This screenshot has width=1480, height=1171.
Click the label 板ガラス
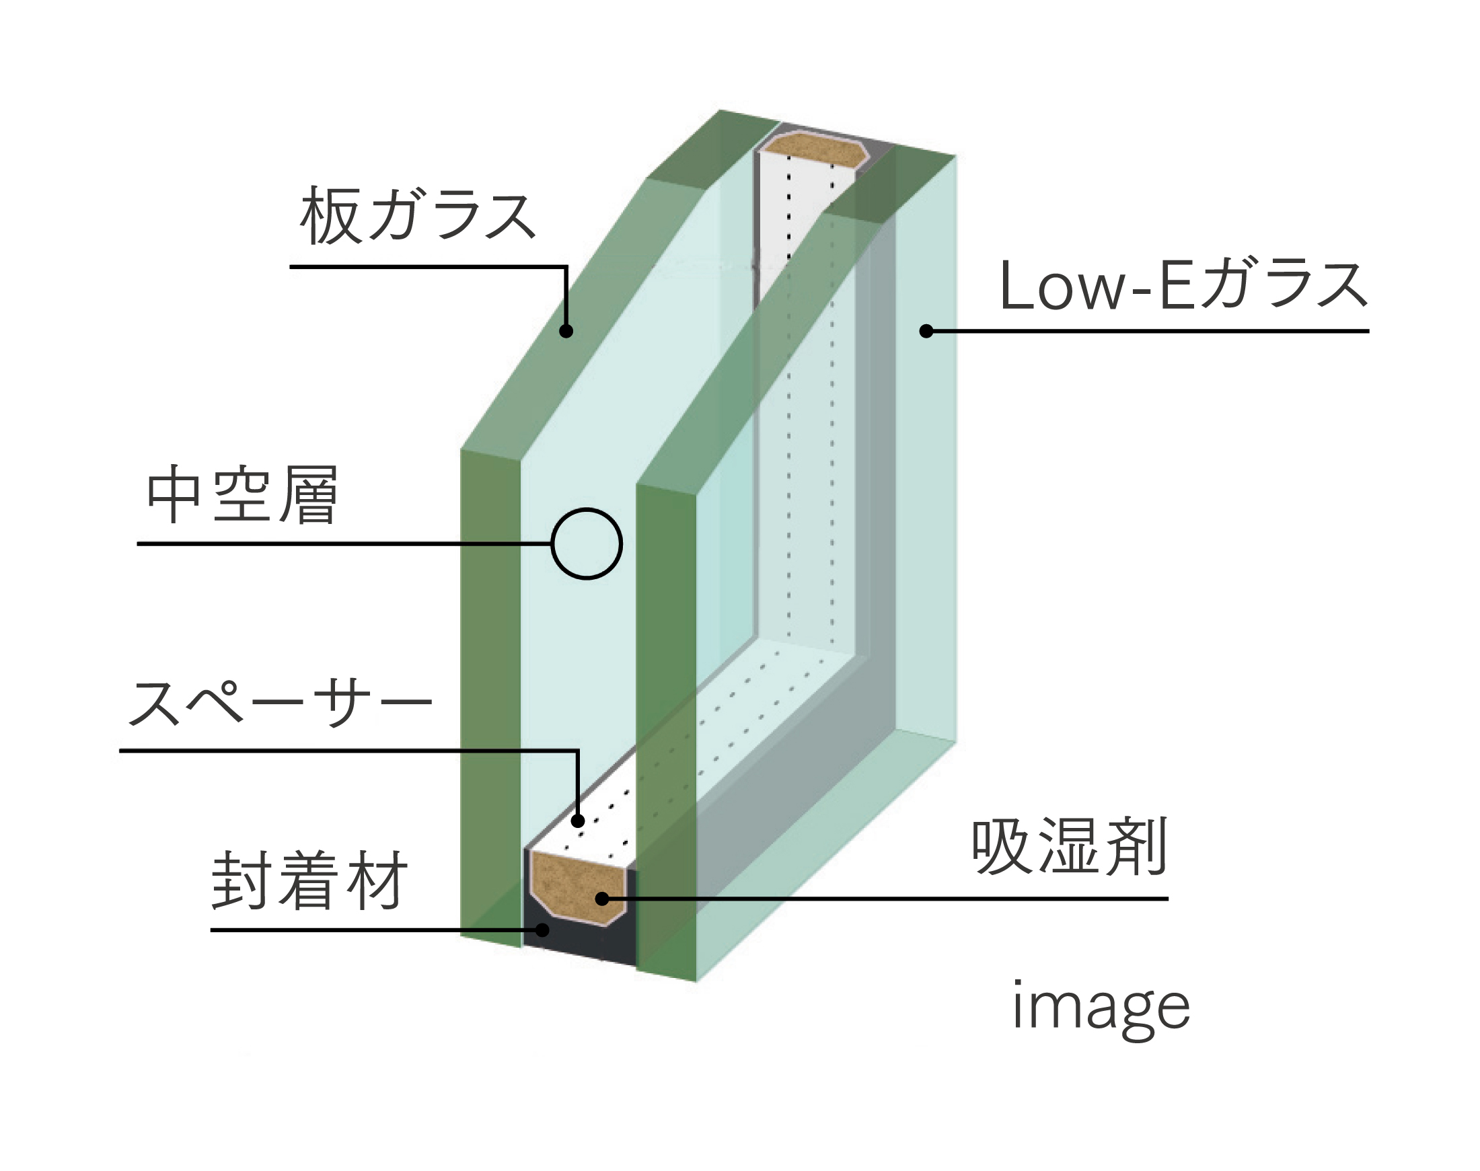[418, 215]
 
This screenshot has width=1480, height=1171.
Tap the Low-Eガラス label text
[1183, 285]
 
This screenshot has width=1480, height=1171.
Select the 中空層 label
[242, 495]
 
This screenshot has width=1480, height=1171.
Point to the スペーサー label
[280, 704]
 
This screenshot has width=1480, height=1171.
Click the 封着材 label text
[309, 881]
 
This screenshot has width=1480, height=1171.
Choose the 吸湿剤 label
[1069, 847]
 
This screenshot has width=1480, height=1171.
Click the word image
[1101, 1007]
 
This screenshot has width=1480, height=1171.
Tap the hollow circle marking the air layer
[587, 543]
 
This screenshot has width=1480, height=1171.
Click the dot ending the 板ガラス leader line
[566, 331]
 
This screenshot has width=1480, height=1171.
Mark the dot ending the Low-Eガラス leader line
[926, 331]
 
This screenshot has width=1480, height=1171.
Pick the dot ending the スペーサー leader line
[578, 821]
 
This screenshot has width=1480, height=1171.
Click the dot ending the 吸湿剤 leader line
[601, 899]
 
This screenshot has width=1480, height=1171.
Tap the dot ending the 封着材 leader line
[542, 930]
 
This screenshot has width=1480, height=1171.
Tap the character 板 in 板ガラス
[329, 215]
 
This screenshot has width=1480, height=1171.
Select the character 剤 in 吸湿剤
[1138, 847]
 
